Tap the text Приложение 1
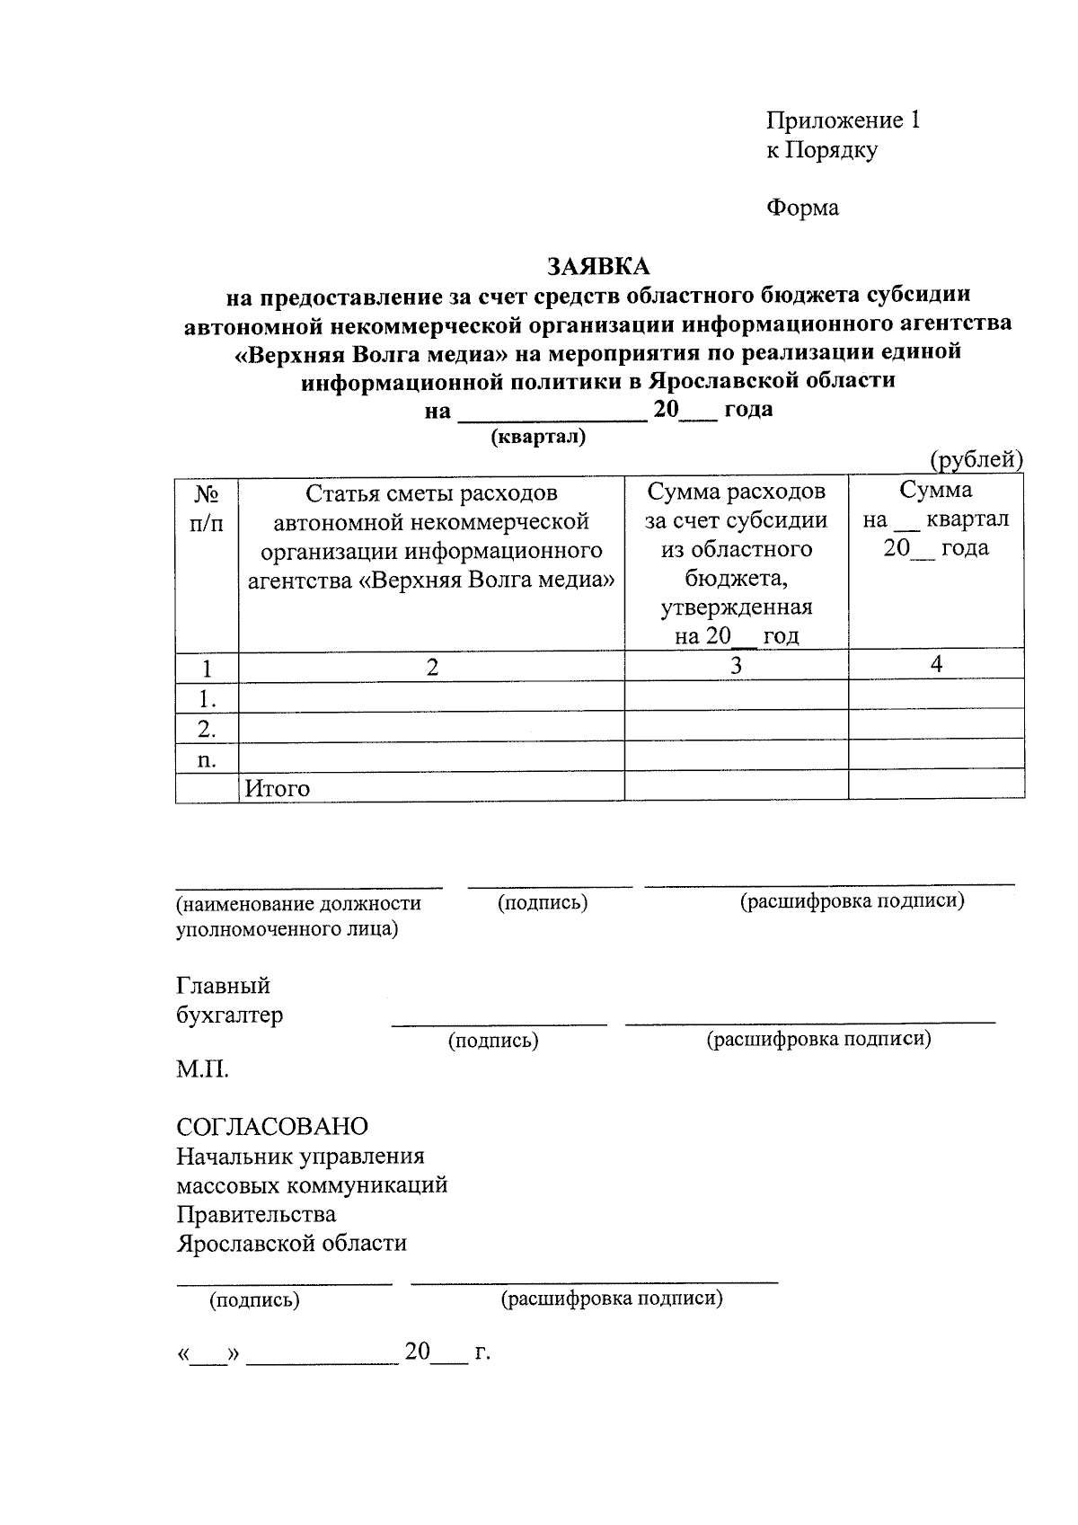pyautogui.click(x=843, y=120)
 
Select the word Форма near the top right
pyautogui.click(x=802, y=208)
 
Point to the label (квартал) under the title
pyautogui.click(x=537, y=437)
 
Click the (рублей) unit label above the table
pyautogui.click(x=976, y=459)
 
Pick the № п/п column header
pyautogui.click(x=207, y=508)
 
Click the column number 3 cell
pyautogui.click(x=736, y=665)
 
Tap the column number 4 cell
pyautogui.click(x=936, y=664)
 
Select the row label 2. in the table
pyautogui.click(x=207, y=726)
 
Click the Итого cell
pyautogui.click(x=278, y=788)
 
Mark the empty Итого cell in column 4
pyautogui.click(x=936, y=786)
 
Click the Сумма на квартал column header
pyautogui.click(x=936, y=519)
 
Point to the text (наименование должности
pyautogui.click(x=298, y=903)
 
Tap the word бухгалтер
pyautogui.click(x=229, y=1015)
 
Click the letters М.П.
pyautogui.click(x=202, y=1069)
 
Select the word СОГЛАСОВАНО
pyautogui.click(x=272, y=1126)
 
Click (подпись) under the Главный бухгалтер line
pyautogui.click(x=493, y=1041)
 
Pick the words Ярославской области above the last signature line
pyautogui.click(x=291, y=1244)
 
